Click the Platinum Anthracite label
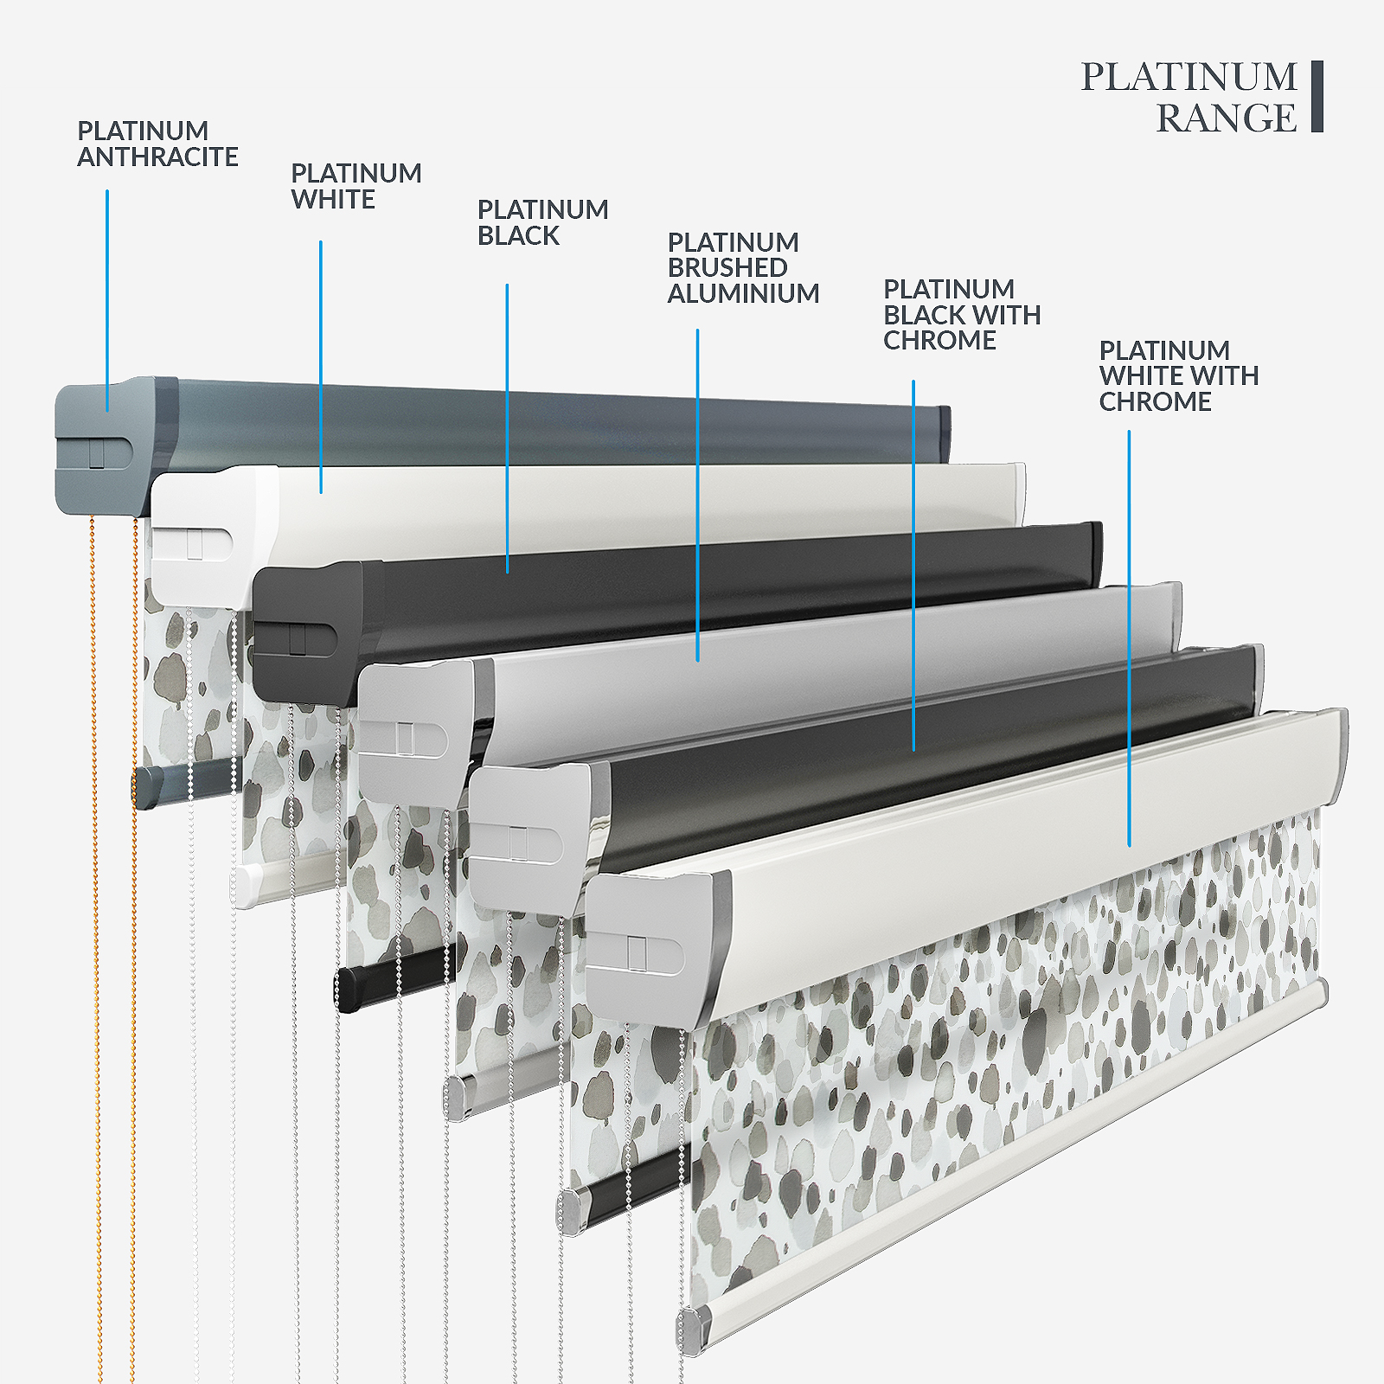(157, 144)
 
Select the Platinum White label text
(356, 186)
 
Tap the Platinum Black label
(542, 222)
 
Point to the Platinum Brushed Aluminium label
(742, 268)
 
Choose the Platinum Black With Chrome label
(961, 315)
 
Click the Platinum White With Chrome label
(1178, 376)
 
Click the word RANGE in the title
(1226, 119)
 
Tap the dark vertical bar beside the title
(1317, 96)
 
